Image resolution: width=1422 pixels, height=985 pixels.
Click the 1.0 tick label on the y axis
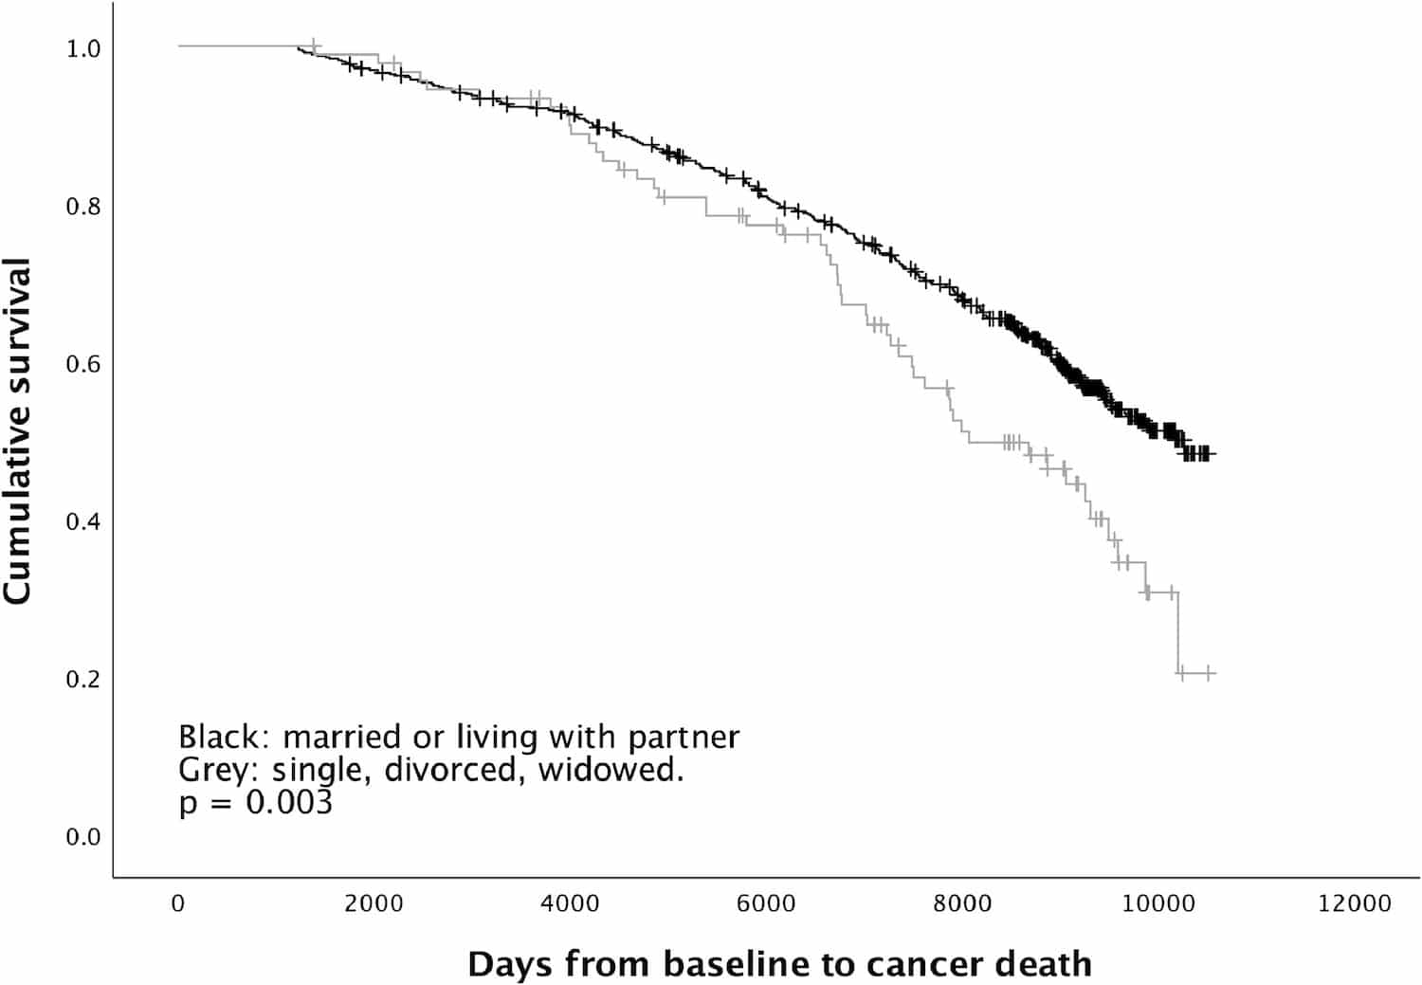click(83, 49)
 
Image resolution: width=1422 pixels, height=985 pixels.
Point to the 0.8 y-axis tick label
click(83, 207)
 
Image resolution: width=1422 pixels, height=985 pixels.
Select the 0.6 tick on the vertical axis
click(83, 365)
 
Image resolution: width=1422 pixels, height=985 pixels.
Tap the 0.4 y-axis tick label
click(83, 522)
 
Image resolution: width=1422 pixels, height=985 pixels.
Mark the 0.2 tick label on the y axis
click(83, 680)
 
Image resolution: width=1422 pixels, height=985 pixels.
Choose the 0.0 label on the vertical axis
click(83, 837)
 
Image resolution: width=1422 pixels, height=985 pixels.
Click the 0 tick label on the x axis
click(178, 904)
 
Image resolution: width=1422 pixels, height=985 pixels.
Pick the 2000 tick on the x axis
click(374, 904)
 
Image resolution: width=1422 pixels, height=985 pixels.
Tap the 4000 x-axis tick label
click(570, 904)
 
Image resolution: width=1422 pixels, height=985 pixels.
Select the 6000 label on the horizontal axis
click(766, 904)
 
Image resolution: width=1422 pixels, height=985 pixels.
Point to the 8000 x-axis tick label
click(962, 904)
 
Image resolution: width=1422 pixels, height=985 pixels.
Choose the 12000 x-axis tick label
click(1355, 904)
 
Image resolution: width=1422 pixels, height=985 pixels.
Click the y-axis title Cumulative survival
click(19, 431)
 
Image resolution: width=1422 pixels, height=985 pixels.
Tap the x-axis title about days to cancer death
click(779, 964)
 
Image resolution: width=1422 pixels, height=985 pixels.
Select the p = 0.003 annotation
click(256, 803)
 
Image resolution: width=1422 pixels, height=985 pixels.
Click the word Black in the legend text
click(218, 738)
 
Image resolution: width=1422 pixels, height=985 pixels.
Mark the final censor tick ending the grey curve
click(1208, 673)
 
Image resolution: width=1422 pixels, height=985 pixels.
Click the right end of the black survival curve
click(1213, 453)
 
